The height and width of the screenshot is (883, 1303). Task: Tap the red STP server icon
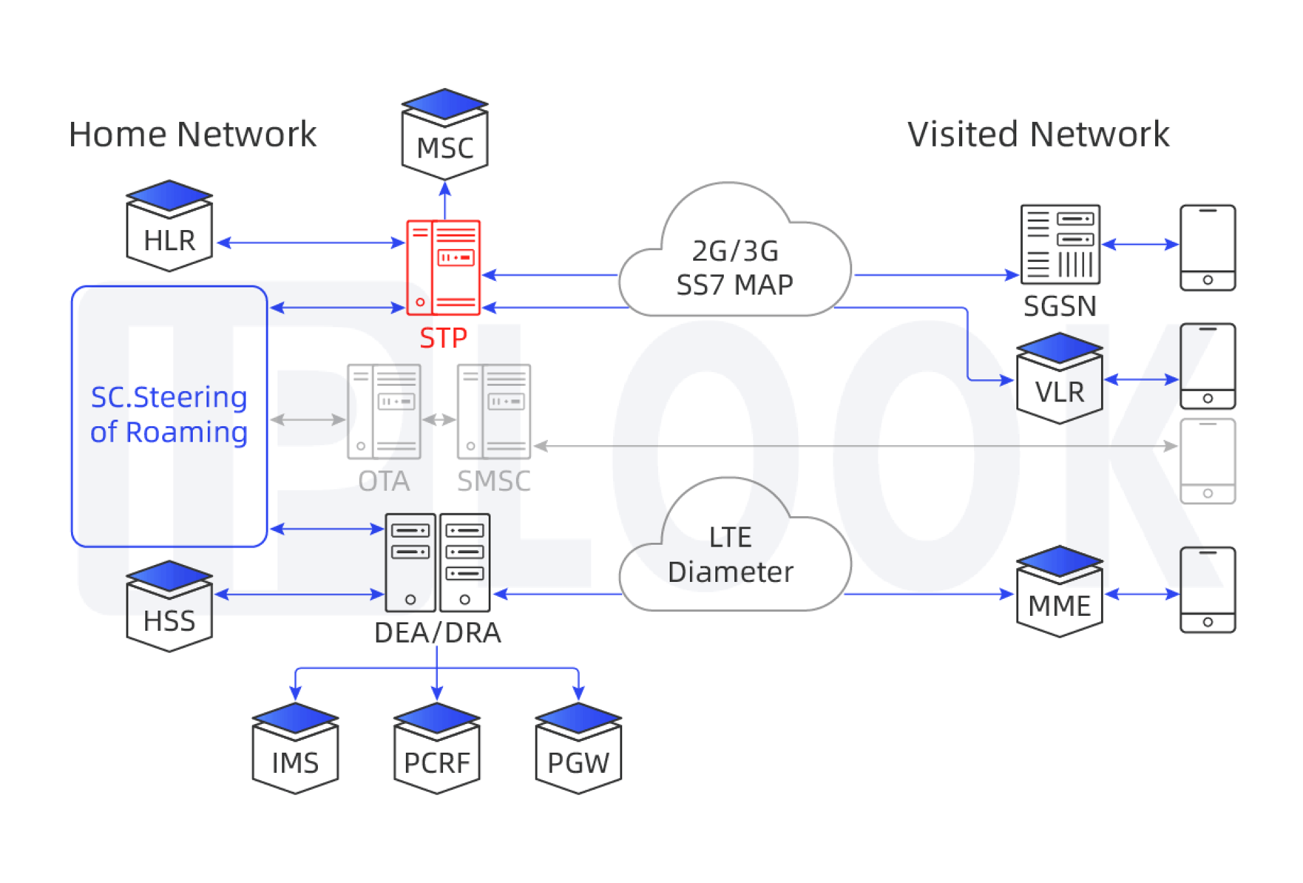(x=444, y=267)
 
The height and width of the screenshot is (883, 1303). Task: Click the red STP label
(x=444, y=338)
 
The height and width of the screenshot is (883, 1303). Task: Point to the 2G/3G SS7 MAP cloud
(x=734, y=261)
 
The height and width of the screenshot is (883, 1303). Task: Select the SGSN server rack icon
(x=1060, y=244)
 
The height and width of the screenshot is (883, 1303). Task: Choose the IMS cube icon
(x=295, y=749)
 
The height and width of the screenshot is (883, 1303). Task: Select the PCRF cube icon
(x=437, y=749)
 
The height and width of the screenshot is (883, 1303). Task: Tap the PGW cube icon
(x=579, y=749)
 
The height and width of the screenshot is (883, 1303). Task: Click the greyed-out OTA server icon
(x=384, y=411)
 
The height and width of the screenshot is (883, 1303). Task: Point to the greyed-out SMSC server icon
(x=494, y=411)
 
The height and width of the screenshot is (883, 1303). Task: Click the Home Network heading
(x=192, y=134)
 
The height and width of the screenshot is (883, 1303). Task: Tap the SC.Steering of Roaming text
(x=169, y=414)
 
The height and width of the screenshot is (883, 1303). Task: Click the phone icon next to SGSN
(x=1208, y=248)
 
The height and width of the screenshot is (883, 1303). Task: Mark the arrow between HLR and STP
(x=311, y=243)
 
